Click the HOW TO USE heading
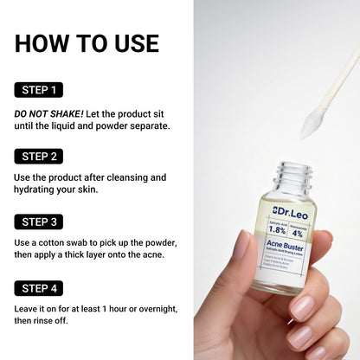point(87,43)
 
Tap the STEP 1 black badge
point(38,89)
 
